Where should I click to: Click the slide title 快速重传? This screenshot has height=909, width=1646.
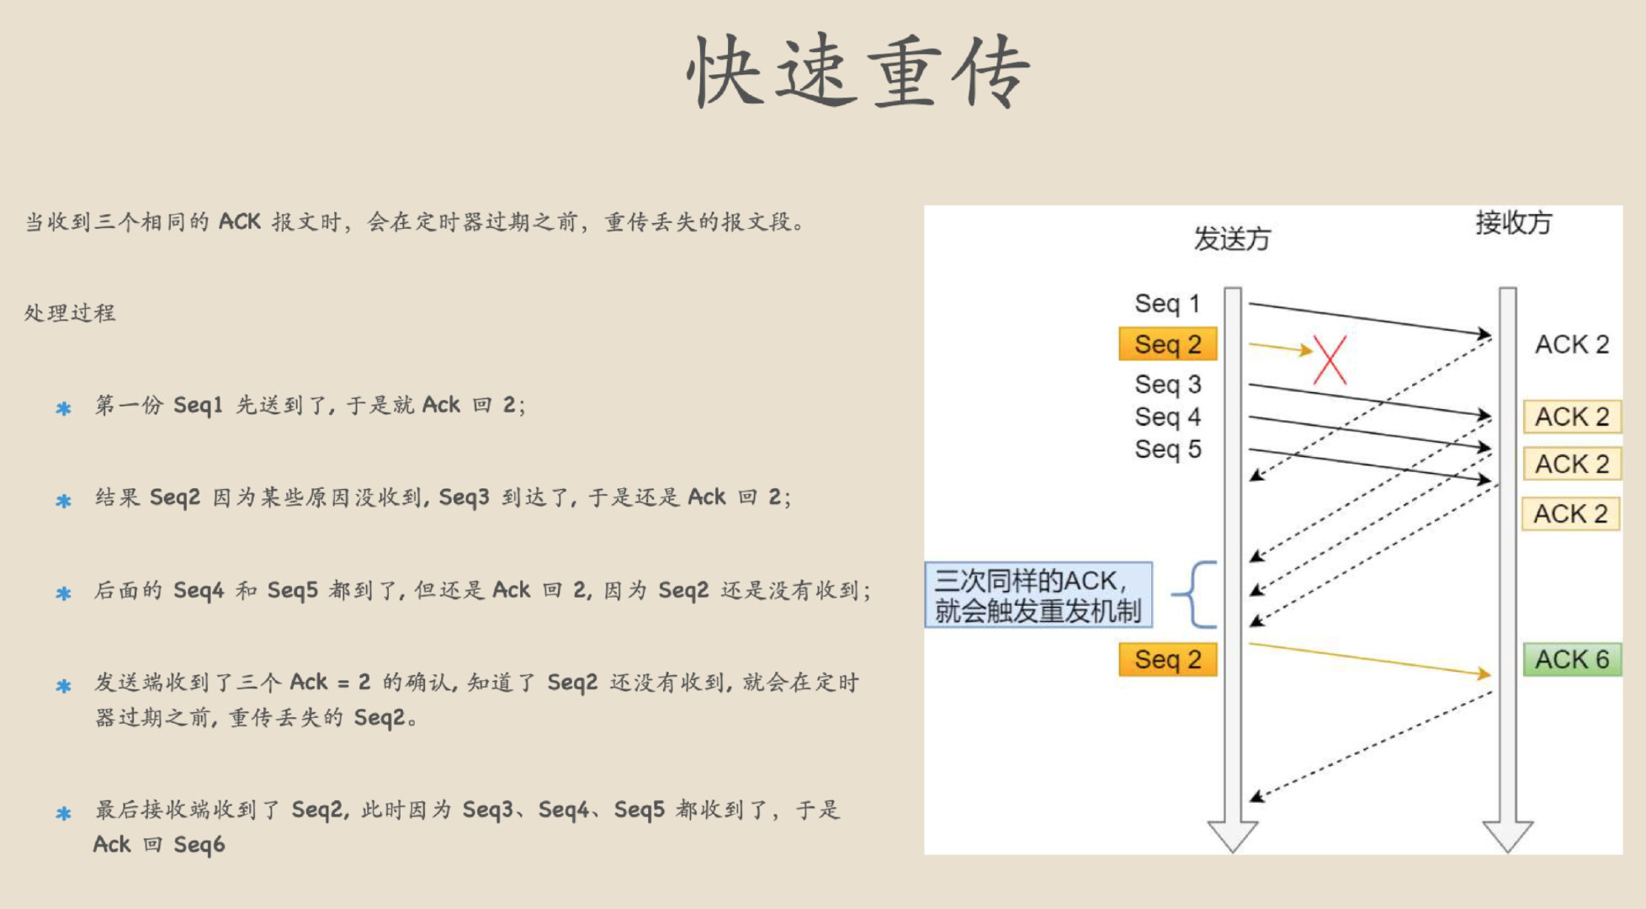[x=858, y=72]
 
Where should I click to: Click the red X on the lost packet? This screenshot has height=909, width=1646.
[x=1330, y=360]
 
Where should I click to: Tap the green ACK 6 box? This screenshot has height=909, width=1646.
[x=1571, y=659]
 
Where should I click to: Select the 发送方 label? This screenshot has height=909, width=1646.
[x=1231, y=239]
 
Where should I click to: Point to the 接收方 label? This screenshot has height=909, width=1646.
[x=1513, y=223]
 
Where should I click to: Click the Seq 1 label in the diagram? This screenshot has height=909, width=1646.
[x=1166, y=303]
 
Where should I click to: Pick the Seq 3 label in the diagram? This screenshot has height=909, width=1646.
[x=1167, y=385]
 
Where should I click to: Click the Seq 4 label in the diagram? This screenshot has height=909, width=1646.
[x=1167, y=417]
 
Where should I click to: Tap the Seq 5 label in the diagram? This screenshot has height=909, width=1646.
[x=1167, y=449]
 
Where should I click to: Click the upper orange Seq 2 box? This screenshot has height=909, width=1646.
[x=1167, y=344]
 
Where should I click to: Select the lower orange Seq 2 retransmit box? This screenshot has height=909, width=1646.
[x=1167, y=659]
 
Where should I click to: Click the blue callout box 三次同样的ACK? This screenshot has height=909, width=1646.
[x=1038, y=595]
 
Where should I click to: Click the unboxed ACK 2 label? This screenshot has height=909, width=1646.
[x=1571, y=344]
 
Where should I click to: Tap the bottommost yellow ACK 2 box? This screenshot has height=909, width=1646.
[x=1570, y=513]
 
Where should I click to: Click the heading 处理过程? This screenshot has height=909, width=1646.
[x=70, y=313]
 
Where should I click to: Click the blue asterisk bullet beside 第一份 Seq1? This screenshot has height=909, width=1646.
[x=63, y=409]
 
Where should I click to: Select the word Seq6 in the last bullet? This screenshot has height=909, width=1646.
[x=199, y=844]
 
